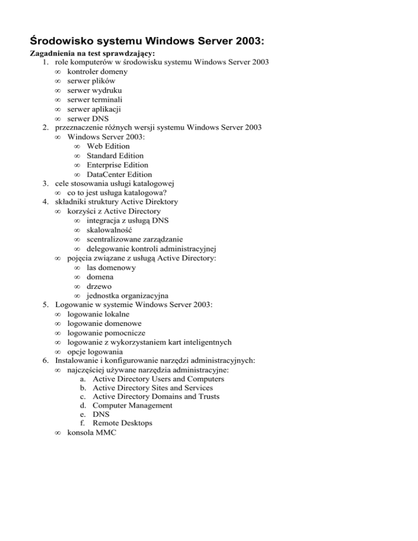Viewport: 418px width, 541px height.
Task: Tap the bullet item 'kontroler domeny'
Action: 98,72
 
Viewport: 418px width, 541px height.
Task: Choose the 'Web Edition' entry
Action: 108,146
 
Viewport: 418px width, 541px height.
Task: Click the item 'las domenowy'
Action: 111,268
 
